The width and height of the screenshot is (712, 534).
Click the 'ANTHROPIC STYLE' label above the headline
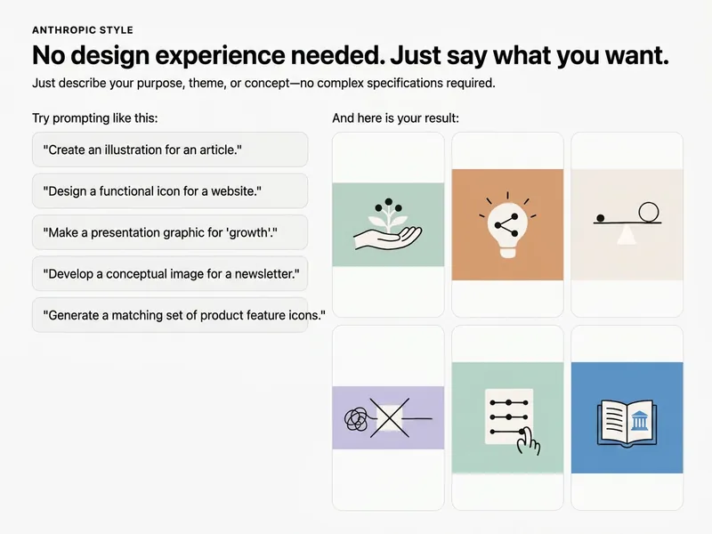tap(83, 30)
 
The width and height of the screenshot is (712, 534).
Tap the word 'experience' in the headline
tap(220, 56)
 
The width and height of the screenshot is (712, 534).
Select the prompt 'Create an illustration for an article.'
tap(170, 150)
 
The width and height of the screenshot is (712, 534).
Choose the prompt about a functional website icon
tap(170, 191)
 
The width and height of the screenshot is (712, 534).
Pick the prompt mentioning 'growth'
tap(170, 232)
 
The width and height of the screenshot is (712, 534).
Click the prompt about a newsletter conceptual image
tap(170, 274)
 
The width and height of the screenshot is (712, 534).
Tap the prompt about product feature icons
tap(170, 315)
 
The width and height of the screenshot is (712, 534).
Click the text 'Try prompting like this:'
tap(95, 118)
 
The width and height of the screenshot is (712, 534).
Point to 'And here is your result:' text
tap(395, 118)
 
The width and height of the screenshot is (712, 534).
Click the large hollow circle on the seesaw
tap(649, 213)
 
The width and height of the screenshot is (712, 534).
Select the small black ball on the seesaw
tap(600, 218)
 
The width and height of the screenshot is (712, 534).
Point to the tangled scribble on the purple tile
tap(357, 419)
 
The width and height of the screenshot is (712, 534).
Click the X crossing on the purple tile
tap(389, 418)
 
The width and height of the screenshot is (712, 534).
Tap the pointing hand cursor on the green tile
tap(529, 441)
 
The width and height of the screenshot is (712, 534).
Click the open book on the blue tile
tap(627, 423)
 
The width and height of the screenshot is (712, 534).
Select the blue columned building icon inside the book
tap(639, 420)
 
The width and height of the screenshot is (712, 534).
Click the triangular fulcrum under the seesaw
tap(627, 234)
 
